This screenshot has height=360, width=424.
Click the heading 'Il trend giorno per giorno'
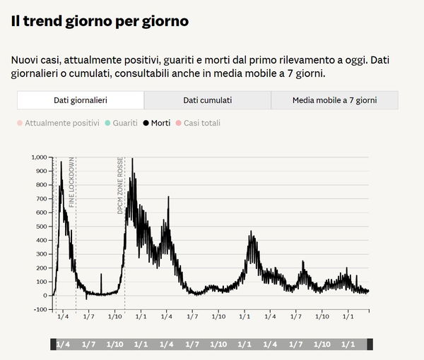[100, 21]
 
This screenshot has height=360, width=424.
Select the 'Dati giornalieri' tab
[80, 100]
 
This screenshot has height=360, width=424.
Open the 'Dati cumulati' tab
[207, 100]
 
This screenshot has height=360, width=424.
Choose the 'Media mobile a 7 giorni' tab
[334, 100]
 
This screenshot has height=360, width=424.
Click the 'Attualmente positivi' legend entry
[59, 123]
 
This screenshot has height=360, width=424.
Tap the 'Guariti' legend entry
[120, 123]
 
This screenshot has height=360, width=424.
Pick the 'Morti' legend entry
[155, 123]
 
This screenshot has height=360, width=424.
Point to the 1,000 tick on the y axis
[37, 157]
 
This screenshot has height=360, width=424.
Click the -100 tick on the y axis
[38, 309]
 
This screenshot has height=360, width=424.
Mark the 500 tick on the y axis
[41, 226]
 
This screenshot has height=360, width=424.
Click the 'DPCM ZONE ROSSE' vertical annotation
[121, 185]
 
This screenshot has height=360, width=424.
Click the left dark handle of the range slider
[52, 344]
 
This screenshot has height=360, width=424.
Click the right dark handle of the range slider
[370, 344]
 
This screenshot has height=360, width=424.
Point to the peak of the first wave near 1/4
[61, 162]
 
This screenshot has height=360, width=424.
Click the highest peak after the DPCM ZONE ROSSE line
[132, 159]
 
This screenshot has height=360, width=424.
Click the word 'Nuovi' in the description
[25, 60]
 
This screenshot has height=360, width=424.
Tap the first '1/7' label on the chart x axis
[88, 316]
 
